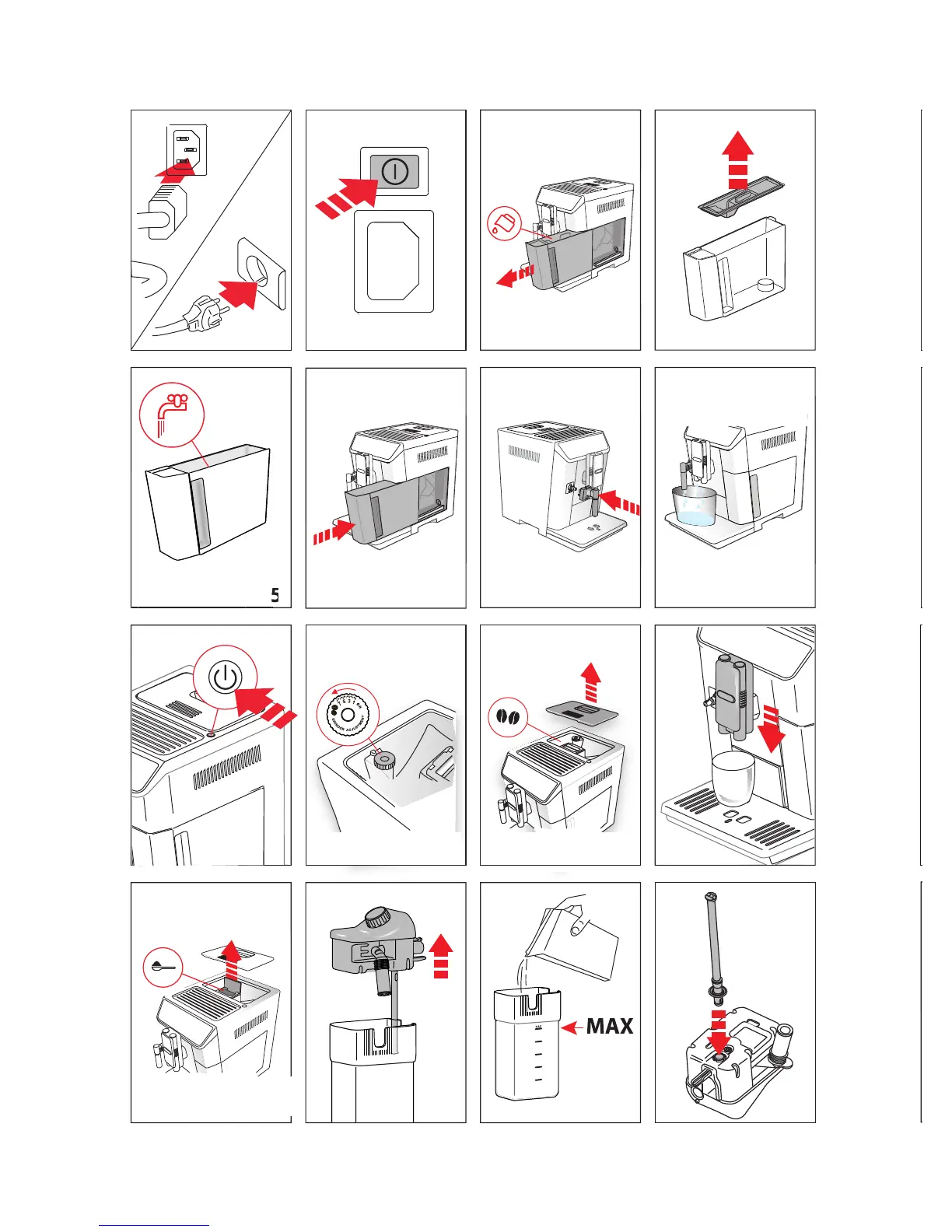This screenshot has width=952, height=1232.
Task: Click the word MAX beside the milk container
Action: [x=610, y=1027]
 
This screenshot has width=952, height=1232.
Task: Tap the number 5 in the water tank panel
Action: [x=275, y=596]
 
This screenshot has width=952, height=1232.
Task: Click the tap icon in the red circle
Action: [x=172, y=414]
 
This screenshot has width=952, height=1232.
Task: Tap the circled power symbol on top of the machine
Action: [x=225, y=677]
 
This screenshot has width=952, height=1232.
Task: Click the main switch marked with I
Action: [x=394, y=170]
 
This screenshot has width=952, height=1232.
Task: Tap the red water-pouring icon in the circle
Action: [x=503, y=224]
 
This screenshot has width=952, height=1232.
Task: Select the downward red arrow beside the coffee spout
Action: [x=772, y=728]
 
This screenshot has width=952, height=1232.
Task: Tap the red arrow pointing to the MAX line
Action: [x=572, y=1027]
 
